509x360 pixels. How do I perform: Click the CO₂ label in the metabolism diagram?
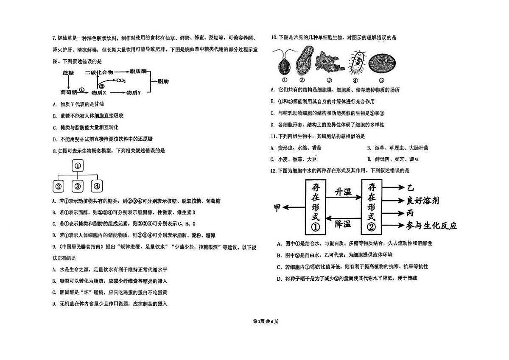pyautogui.click(x=121, y=81)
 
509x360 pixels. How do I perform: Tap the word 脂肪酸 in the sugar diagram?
pyautogui.click(x=138, y=72)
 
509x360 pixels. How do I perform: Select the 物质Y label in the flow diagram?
pyautogui.click(x=134, y=93)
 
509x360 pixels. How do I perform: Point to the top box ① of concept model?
pyautogui.click(x=78, y=165)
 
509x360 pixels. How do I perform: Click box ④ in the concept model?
pyautogui.click(x=97, y=186)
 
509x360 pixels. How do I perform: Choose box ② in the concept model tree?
pyautogui.click(x=59, y=186)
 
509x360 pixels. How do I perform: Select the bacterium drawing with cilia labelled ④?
pyautogui.click(x=357, y=62)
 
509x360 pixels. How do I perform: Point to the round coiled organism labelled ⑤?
pyautogui.click(x=382, y=63)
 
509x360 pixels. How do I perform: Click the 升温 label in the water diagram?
pyautogui.click(x=343, y=192)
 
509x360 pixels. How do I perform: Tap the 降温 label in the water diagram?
pyautogui.click(x=343, y=224)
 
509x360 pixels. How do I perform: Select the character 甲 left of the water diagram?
pyautogui.click(x=277, y=208)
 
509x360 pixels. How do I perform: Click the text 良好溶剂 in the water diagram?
pyautogui.click(x=423, y=201)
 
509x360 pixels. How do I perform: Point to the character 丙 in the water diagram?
pyautogui.click(x=410, y=213)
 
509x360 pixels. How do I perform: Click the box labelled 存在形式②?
pyautogui.click(x=372, y=207)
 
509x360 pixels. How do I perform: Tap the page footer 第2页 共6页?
pyautogui.click(x=266, y=321)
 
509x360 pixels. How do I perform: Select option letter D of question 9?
pyautogui.click(x=54, y=304)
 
